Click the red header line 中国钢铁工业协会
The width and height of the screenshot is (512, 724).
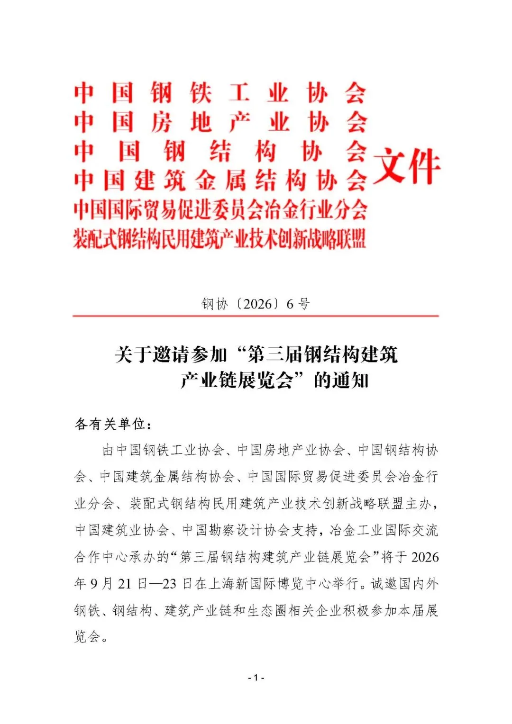coord(219,92)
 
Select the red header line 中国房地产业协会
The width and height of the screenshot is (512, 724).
coord(219,122)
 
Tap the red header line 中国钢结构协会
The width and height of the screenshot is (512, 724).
coord(219,151)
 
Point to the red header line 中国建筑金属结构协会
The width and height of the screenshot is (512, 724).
coord(219,181)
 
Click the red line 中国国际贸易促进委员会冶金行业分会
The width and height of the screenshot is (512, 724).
coord(219,210)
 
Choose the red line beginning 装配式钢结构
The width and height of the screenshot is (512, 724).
coord(219,238)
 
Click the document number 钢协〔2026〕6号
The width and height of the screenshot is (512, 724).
coord(256,303)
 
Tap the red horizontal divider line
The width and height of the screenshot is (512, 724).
coord(256,316)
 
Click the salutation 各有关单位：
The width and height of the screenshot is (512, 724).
coord(113,424)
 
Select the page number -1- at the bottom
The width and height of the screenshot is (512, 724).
coord(256,678)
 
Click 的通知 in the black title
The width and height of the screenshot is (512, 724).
coord(341,380)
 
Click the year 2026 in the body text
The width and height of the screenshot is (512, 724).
coord(425,557)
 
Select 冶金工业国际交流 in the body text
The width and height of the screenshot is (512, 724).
coord(384,530)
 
